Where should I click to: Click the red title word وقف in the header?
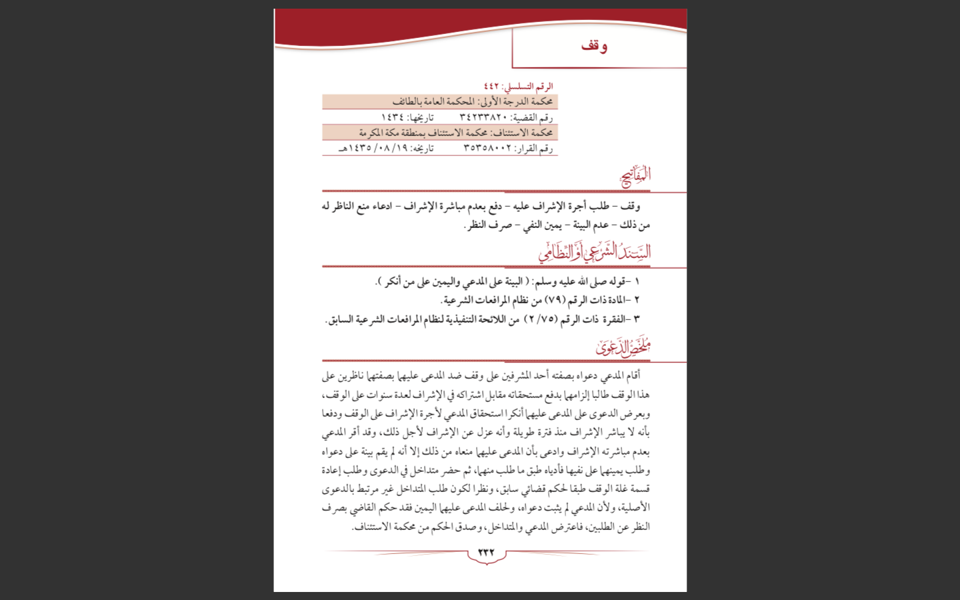[593, 46]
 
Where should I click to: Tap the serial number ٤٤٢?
[491, 87]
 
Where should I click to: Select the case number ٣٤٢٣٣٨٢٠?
[483, 117]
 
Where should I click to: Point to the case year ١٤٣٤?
[393, 117]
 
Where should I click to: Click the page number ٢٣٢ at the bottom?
[486, 553]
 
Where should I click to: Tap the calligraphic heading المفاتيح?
[635, 176]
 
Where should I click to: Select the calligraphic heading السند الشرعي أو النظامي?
[595, 253]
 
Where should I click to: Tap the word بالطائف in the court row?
[406, 102]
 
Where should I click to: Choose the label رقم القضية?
[537, 117]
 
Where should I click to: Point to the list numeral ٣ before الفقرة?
[636, 319]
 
